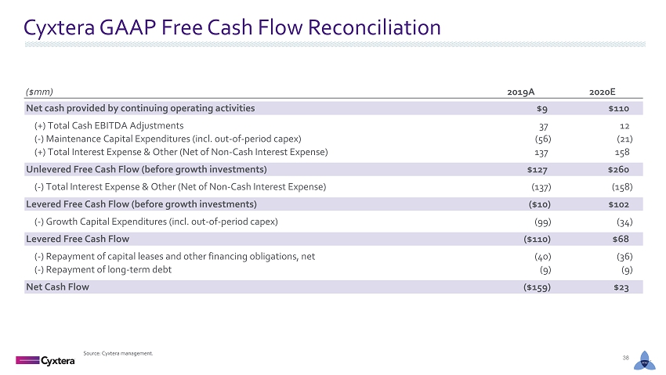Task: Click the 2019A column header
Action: point(521,92)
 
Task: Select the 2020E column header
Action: point(603,92)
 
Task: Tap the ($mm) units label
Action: point(39,92)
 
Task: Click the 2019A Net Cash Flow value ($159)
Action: point(537,287)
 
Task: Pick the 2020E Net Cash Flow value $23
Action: point(621,287)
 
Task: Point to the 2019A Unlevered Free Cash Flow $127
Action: point(537,170)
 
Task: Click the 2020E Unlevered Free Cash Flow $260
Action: point(618,170)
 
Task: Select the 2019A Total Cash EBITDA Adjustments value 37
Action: point(543,126)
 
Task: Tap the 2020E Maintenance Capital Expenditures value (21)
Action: point(624,139)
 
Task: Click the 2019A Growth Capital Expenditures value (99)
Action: point(542,222)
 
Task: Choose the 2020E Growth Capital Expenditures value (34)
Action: point(624,222)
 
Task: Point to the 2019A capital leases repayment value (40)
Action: point(542,257)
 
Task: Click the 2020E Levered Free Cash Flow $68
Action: point(621,240)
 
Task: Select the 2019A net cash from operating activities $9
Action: point(542,109)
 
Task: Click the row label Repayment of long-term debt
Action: point(103,270)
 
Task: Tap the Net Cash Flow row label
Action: point(57,287)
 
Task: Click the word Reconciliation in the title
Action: point(375,27)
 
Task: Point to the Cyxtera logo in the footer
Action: point(45,361)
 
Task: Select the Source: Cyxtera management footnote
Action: point(118,353)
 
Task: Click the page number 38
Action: point(625,358)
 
